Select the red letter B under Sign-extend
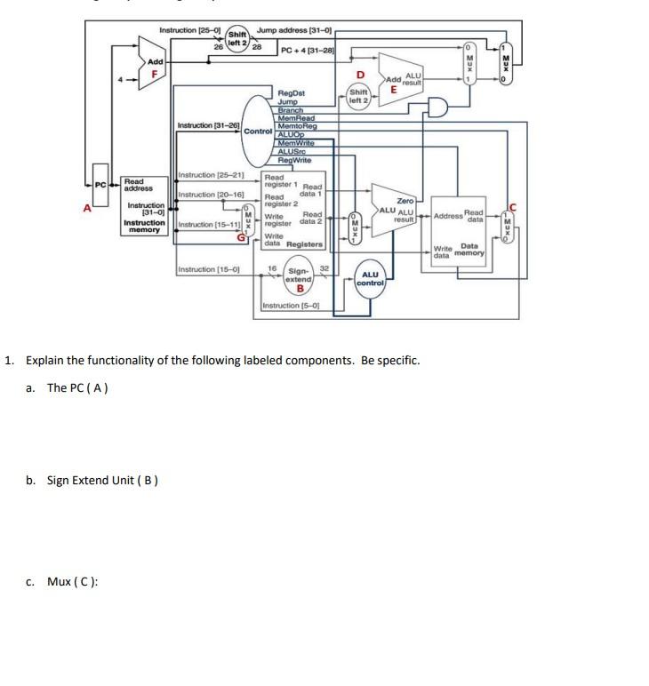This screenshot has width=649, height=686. click(300, 288)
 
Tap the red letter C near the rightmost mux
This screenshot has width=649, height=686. click(511, 207)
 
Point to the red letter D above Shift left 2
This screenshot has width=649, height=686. click(360, 75)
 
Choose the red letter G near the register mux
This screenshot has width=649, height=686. click(239, 236)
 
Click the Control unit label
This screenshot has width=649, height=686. click(258, 131)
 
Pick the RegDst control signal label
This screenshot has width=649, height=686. click(292, 92)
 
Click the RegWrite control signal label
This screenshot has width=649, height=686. click(294, 160)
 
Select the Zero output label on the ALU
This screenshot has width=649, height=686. click(405, 202)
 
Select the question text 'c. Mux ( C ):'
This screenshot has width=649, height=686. click(73, 582)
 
